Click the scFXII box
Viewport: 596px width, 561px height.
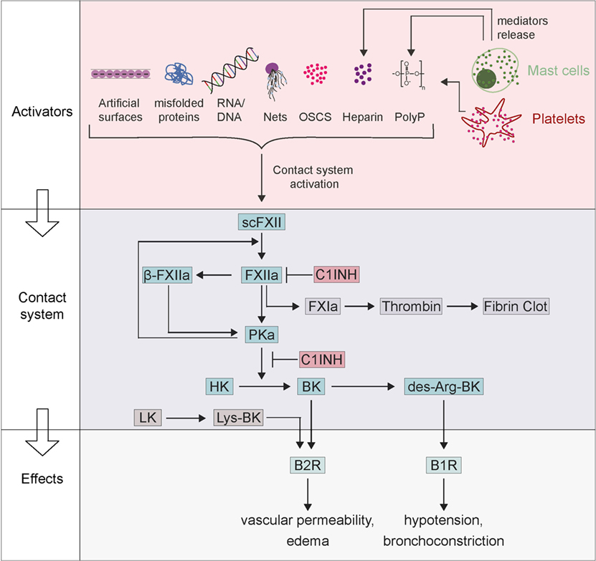coord(262,224)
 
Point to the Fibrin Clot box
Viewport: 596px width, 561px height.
coord(516,306)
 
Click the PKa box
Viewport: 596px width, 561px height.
coord(262,333)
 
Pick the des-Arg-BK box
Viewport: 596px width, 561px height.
coord(443,387)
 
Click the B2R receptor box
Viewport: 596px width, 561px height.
coord(308,466)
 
